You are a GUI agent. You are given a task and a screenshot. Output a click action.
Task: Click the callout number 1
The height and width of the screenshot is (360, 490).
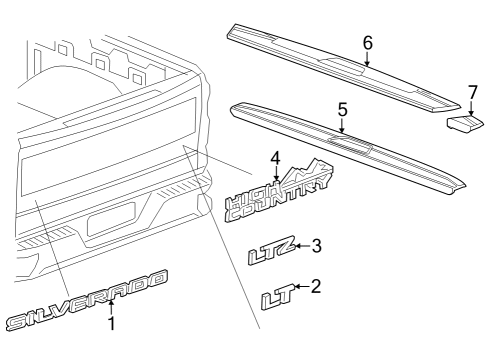(111, 323)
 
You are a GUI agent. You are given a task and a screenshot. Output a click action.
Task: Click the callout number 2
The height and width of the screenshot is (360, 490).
(317, 287)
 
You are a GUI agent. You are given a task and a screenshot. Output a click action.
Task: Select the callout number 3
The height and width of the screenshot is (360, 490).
(317, 246)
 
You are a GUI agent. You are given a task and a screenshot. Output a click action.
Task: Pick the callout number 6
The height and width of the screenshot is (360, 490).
(367, 43)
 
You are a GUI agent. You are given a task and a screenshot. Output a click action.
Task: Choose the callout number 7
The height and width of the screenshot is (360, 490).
(472, 92)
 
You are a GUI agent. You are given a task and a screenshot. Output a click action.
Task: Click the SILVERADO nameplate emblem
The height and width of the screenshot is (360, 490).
(85, 301)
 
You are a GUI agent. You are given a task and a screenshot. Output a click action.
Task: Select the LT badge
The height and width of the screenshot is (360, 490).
(279, 297)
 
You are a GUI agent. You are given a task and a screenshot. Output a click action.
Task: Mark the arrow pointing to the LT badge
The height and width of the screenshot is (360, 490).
(303, 290)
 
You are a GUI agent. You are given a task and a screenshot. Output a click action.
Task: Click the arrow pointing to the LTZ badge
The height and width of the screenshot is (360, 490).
(299, 247)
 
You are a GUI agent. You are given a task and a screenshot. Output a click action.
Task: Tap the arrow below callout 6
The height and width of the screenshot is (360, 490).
(367, 59)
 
